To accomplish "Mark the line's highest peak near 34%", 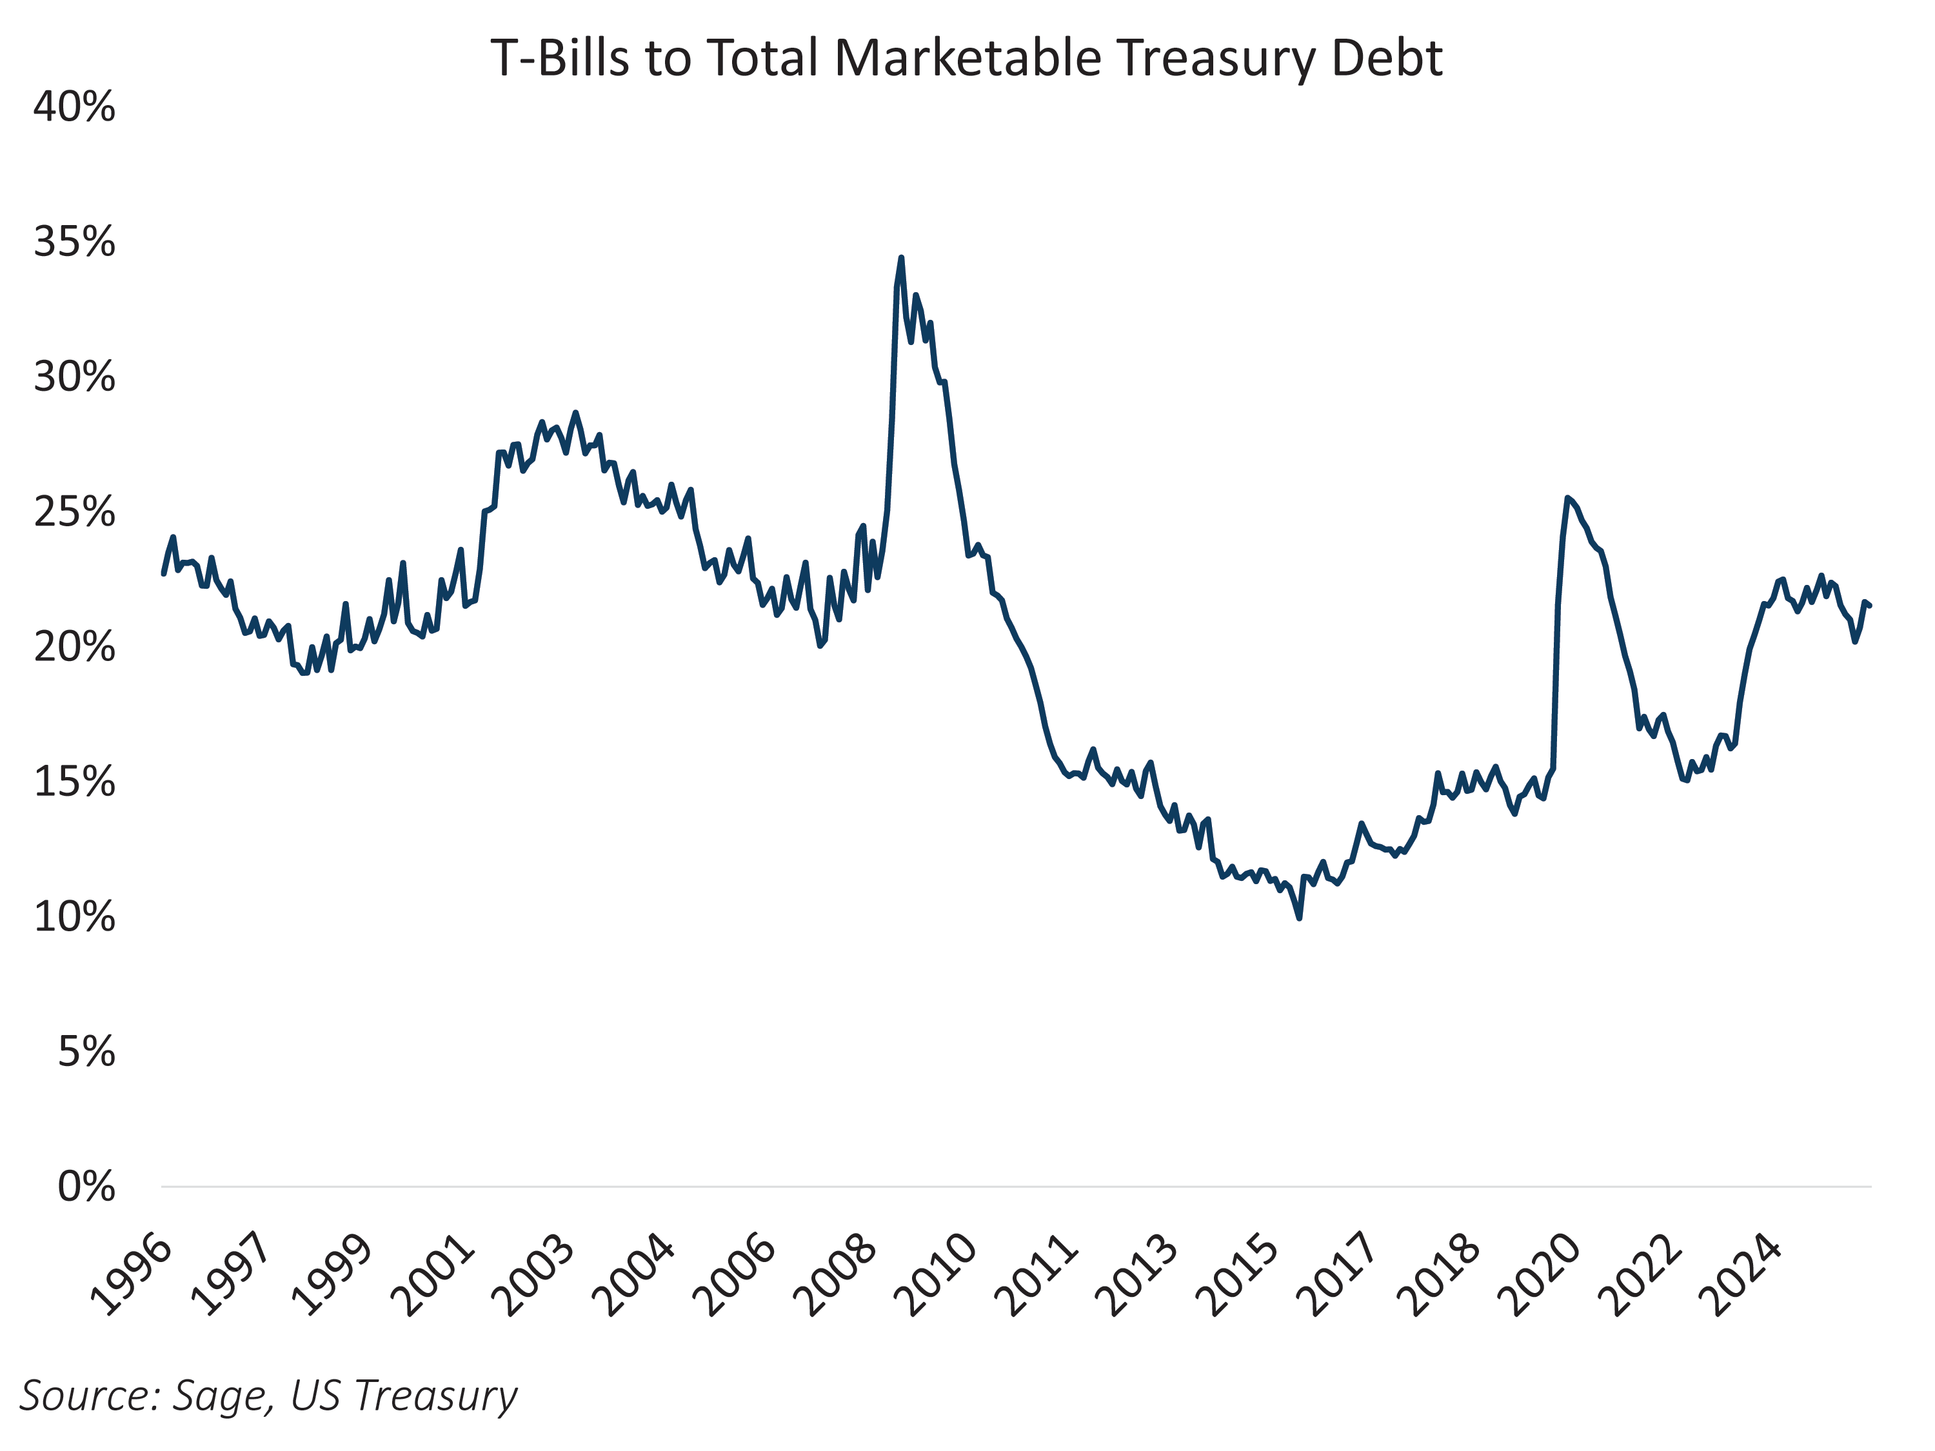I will click(901, 258).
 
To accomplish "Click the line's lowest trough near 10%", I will click(1299, 918).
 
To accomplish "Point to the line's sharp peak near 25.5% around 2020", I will click(1567, 498).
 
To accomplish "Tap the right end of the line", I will click(1869, 606).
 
